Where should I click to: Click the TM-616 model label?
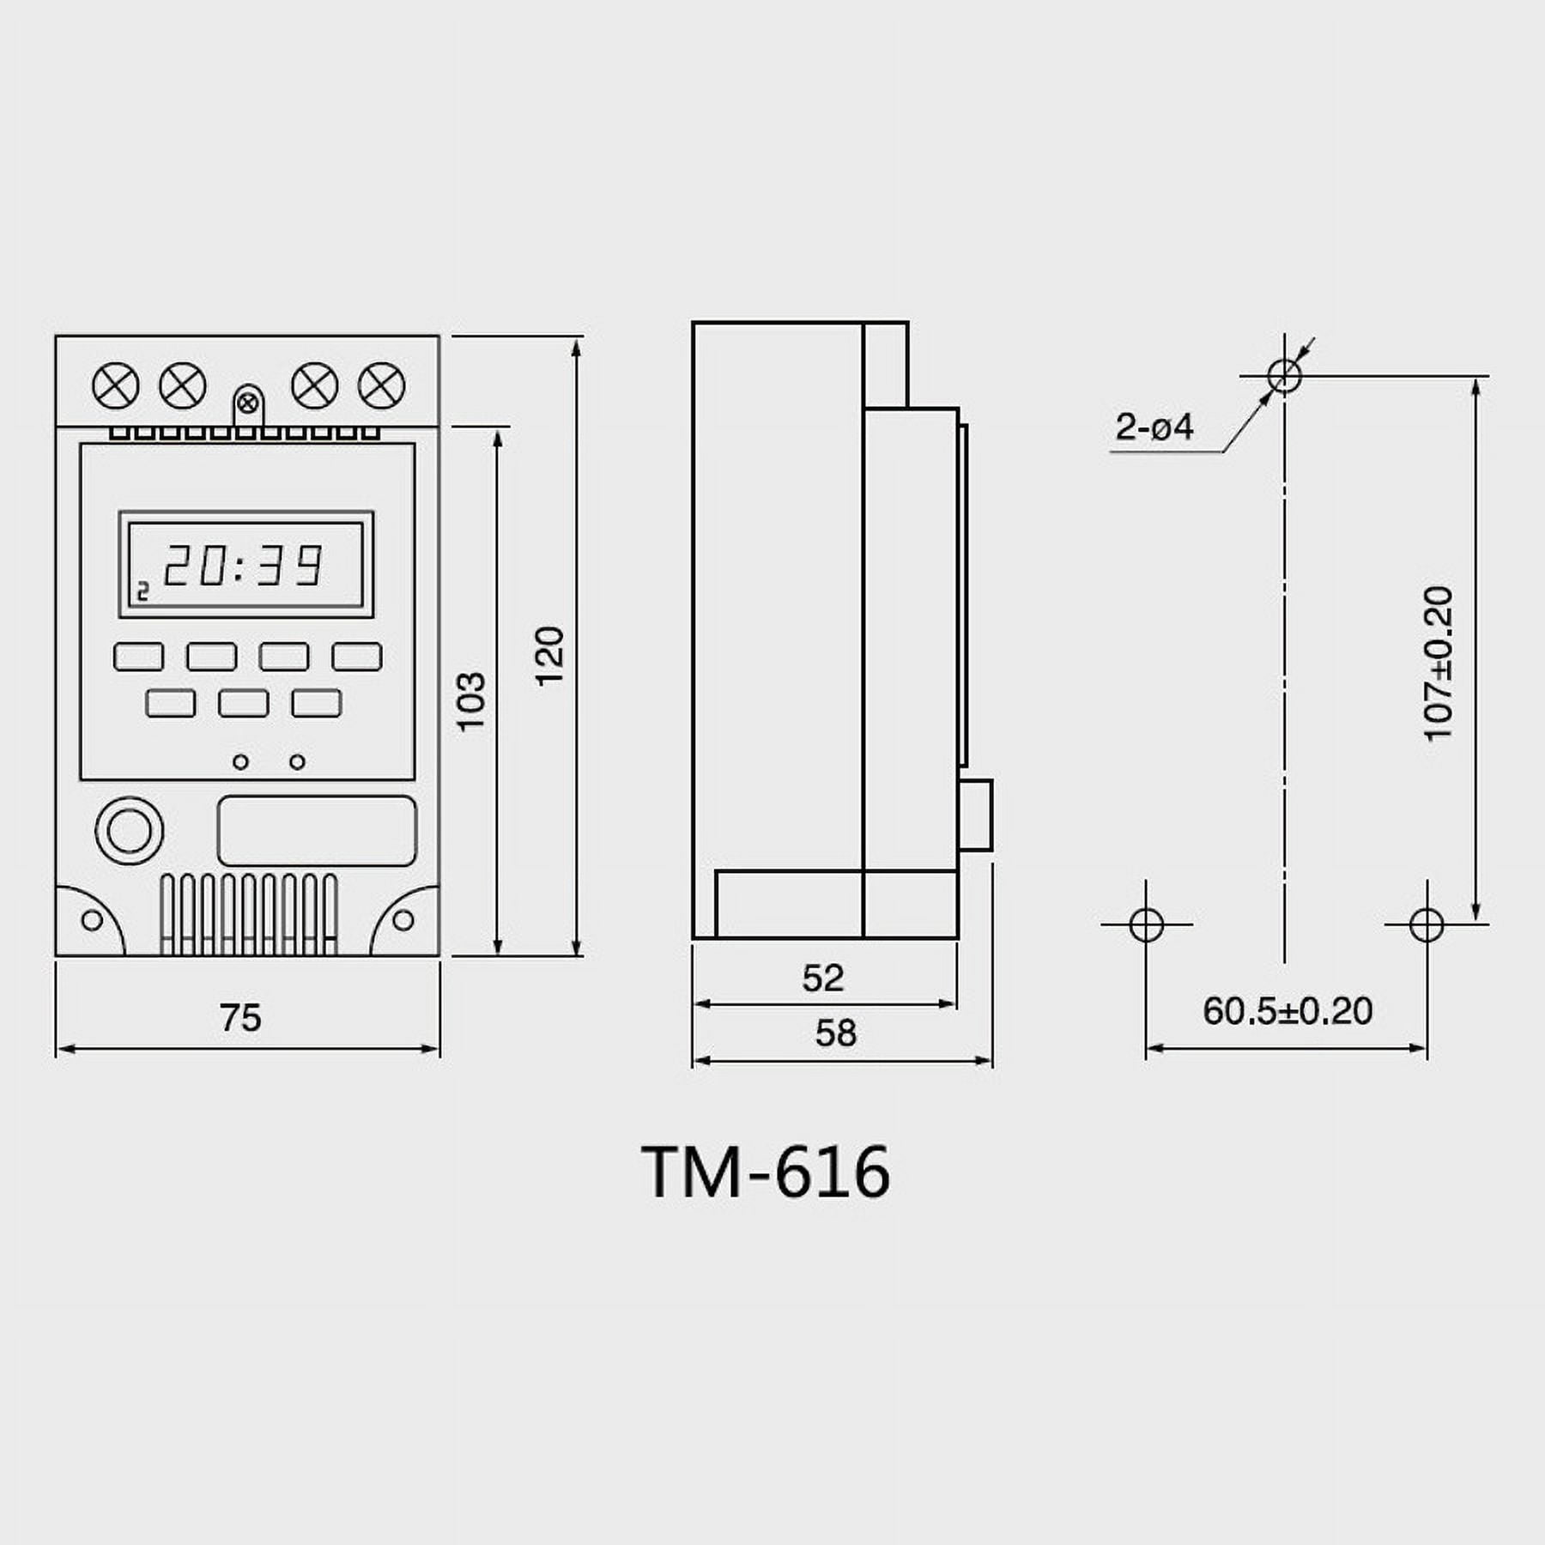coord(766,1172)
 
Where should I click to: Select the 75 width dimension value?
coord(240,1018)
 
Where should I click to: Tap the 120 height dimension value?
coord(550,656)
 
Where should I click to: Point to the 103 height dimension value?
coord(471,701)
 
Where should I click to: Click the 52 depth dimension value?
coord(823,978)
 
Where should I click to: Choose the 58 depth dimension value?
coord(835,1033)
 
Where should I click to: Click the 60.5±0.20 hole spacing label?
coord(1287,1011)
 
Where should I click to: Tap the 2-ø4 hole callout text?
coord(1154,427)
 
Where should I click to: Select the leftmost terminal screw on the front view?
coord(116,385)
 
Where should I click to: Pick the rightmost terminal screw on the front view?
coord(381,385)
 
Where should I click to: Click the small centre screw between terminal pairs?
coord(247,403)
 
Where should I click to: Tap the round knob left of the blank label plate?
coord(130,831)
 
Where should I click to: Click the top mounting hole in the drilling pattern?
coord(1284,375)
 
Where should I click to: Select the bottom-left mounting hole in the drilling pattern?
coord(1147,924)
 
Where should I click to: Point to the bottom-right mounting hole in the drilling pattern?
coord(1427,924)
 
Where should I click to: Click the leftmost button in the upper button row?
coord(138,657)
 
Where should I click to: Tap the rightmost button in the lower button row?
coord(317,703)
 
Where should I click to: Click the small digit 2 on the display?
coord(143,591)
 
